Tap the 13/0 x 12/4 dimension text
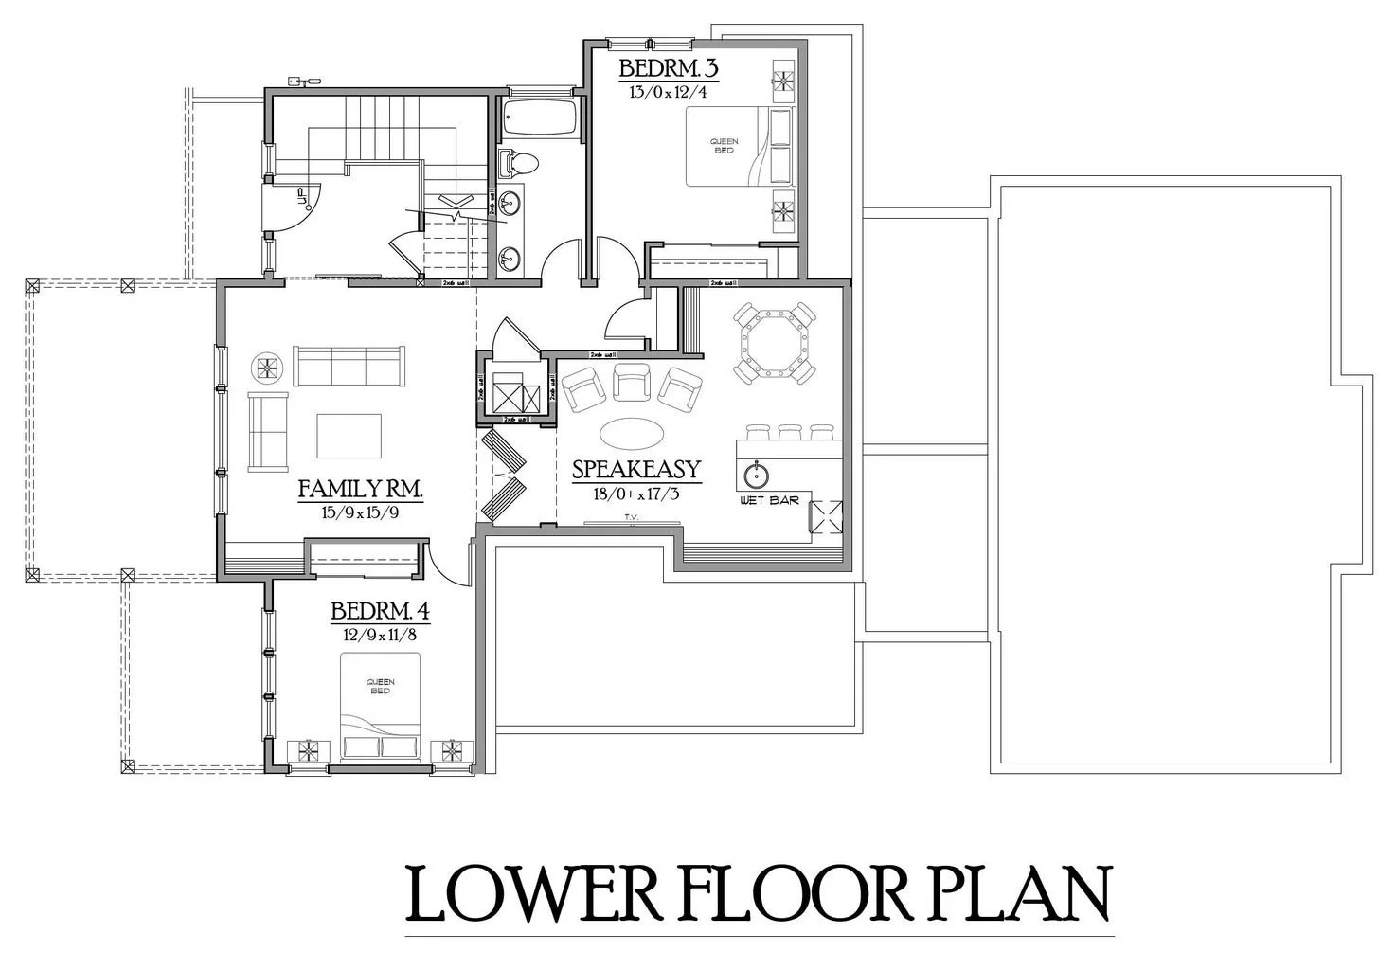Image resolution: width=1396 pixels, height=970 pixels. [x=667, y=93]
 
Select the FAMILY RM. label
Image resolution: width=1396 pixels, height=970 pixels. [x=359, y=490]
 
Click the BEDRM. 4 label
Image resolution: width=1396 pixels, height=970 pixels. [x=380, y=612]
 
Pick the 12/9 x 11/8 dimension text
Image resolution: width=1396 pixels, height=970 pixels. [x=380, y=635]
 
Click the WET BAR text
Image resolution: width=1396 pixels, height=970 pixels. [x=769, y=499]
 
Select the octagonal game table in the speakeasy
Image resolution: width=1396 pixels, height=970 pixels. [x=776, y=344]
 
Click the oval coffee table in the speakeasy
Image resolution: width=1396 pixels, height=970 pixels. [x=632, y=434]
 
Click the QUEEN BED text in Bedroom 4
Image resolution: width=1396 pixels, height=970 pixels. [x=380, y=686]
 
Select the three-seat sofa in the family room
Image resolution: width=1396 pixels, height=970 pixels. [x=349, y=366]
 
